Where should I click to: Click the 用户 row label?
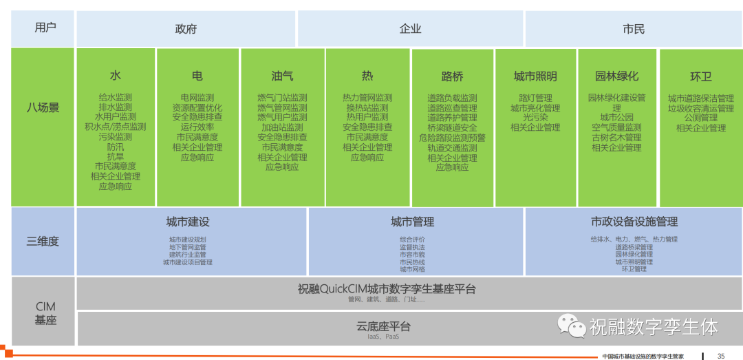(x=45, y=28)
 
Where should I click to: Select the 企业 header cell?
(x=410, y=29)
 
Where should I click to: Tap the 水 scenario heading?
(x=115, y=76)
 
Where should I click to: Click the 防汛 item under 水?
(x=115, y=147)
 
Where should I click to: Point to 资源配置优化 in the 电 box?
(x=197, y=107)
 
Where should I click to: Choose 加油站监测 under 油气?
(x=282, y=127)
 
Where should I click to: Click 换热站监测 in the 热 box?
(x=367, y=107)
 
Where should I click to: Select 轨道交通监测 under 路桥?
(x=452, y=147)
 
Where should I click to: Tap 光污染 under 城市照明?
(x=535, y=118)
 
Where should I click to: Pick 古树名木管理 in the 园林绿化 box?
(x=616, y=138)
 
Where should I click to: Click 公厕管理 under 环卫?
(x=700, y=118)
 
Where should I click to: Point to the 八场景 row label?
(x=43, y=107)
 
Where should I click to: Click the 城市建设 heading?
(x=188, y=222)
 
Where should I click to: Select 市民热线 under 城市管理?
(x=412, y=262)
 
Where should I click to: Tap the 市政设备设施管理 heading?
(x=634, y=222)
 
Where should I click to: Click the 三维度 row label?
(x=43, y=241)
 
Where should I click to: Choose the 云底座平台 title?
(x=384, y=326)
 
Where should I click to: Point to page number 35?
(x=721, y=356)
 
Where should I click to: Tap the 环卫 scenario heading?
(x=700, y=76)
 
